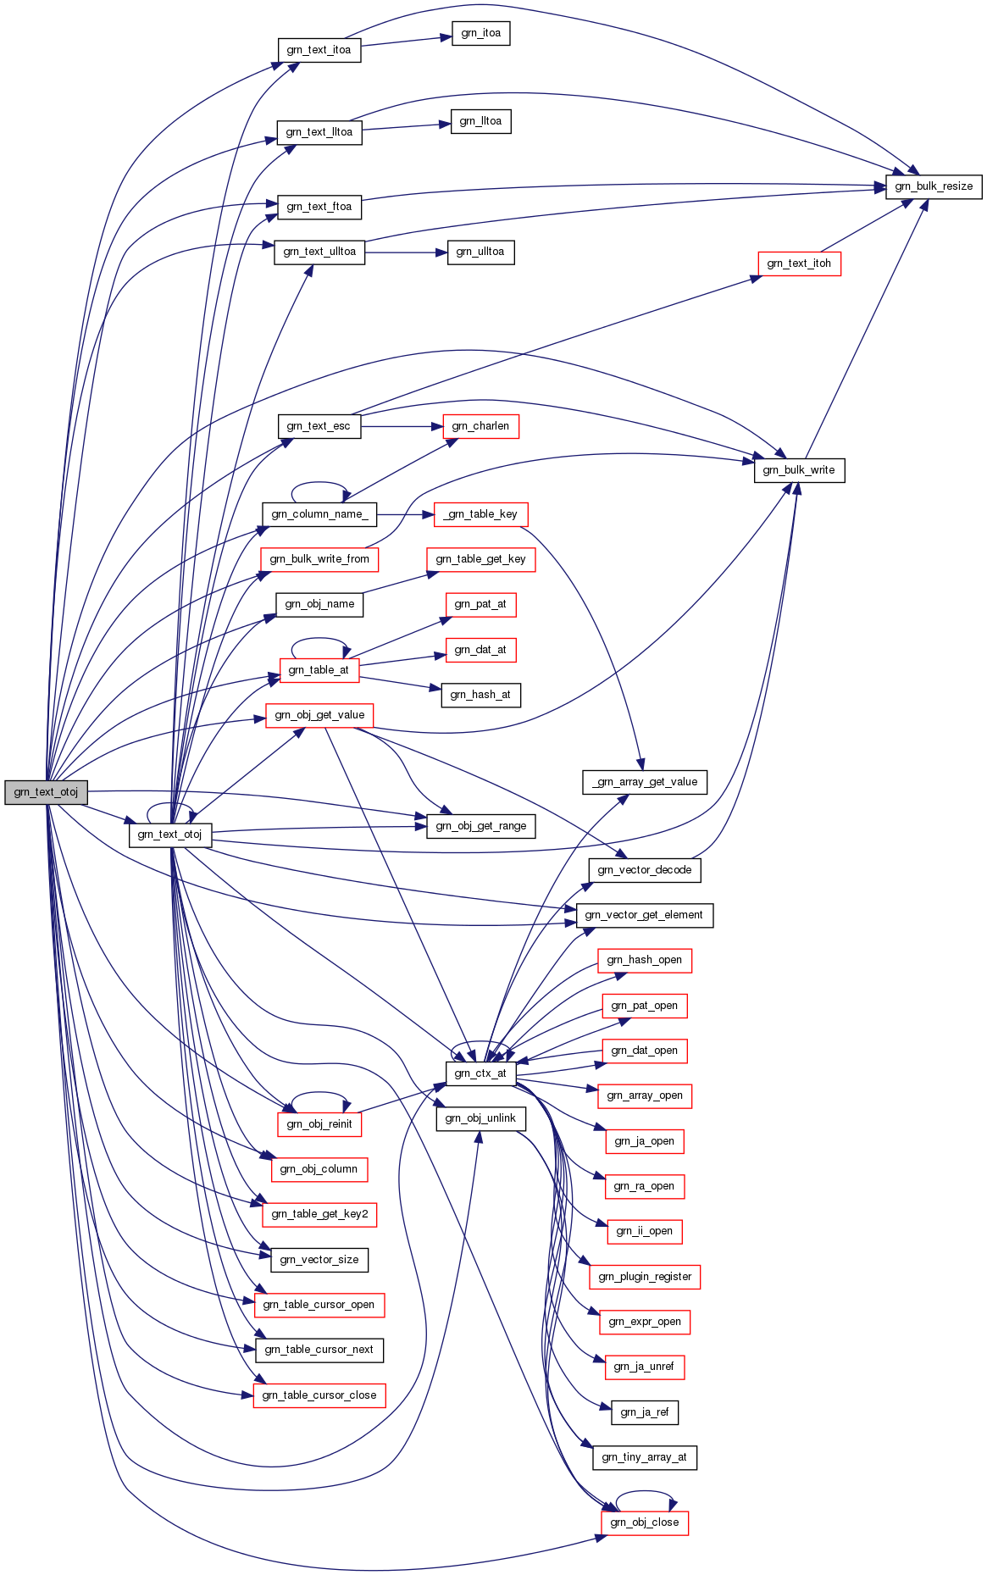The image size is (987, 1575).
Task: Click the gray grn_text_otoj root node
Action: click(x=46, y=792)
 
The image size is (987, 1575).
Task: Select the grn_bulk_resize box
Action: click(x=933, y=186)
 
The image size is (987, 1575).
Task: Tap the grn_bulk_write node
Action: click(x=798, y=470)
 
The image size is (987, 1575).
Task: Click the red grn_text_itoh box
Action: click(x=798, y=263)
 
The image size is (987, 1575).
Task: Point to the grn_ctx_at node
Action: click(x=480, y=1073)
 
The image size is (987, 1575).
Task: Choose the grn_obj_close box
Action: click(x=644, y=1522)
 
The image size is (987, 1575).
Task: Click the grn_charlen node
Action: click(x=480, y=426)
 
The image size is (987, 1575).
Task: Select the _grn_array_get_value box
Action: click(x=644, y=782)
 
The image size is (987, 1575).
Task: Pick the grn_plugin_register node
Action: click(x=644, y=1277)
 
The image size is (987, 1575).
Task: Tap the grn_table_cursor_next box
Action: click(x=319, y=1350)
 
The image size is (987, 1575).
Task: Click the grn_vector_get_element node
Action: click(x=644, y=915)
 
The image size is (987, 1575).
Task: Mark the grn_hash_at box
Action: click(x=480, y=695)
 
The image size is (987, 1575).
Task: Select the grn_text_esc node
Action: click(x=319, y=426)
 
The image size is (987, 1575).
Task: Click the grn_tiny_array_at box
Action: click(x=644, y=1457)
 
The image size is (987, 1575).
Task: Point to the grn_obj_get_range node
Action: click(x=480, y=826)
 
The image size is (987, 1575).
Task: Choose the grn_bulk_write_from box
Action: click(x=319, y=559)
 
